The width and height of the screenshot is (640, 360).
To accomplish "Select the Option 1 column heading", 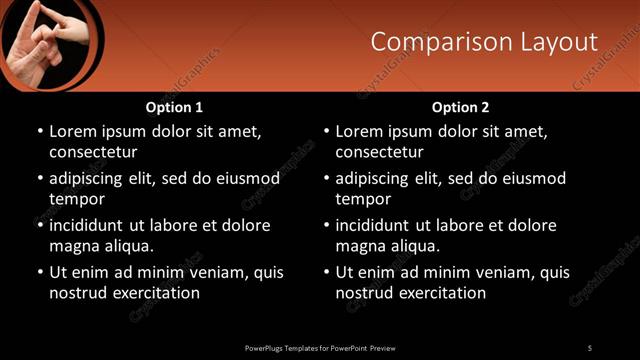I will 174,107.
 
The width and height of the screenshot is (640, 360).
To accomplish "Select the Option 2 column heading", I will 460,107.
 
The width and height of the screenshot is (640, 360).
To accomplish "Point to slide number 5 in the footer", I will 590,347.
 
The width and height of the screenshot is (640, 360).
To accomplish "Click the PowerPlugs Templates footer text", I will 320,347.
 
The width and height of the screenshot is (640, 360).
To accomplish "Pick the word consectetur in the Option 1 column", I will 93,152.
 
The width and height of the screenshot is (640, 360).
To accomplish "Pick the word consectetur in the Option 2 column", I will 379,152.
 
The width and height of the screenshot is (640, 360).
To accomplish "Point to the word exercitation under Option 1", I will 155,293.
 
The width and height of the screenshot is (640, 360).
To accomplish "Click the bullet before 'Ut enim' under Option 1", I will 39,272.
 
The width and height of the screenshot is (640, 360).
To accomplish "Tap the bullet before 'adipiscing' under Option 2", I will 325,179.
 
